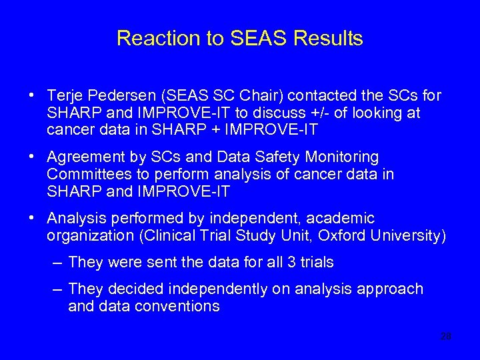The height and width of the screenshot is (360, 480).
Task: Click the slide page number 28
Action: click(x=445, y=337)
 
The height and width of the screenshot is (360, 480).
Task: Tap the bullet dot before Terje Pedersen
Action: click(x=32, y=95)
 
